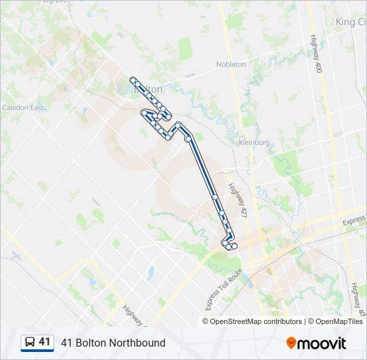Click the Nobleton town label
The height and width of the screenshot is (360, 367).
[x=231, y=65]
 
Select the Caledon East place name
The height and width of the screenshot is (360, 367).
[x=23, y=107]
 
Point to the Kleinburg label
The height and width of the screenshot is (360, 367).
[x=254, y=143]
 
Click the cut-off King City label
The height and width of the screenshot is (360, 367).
[x=350, y=22]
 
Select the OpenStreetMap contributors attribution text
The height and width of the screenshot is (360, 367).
[x=252, y=321]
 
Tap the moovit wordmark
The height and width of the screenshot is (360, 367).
[x=322, y=343]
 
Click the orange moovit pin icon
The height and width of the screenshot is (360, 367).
[x=291, y=343]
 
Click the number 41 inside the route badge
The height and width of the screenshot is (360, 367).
[x=44, y=342]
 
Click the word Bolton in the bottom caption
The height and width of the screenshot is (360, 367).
[x=89, y=343]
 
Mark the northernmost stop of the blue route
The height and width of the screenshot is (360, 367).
[x=133, y=80]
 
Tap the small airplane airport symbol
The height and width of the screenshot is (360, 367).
[x=16, y=256]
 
